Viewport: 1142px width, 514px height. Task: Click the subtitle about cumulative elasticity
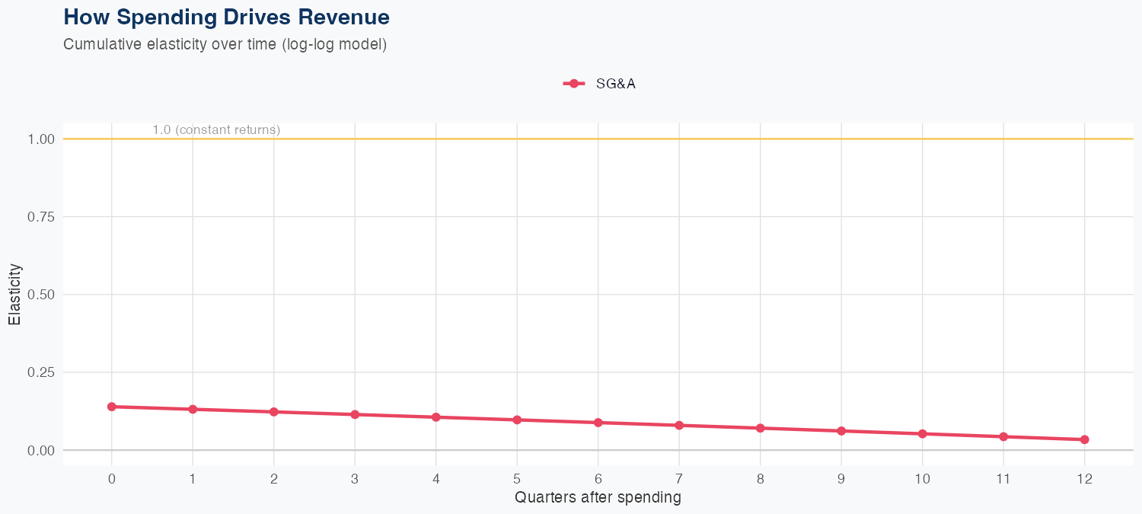[225, 44]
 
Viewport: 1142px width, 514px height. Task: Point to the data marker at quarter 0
[112, 407]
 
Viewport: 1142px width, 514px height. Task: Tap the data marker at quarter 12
[1084, 439]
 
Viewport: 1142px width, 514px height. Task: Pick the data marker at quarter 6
[598, 423]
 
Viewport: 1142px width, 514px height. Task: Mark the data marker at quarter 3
[355, 414]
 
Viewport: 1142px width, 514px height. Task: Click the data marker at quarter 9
[841, 431]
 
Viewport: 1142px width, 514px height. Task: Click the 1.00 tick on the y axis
[42, 139]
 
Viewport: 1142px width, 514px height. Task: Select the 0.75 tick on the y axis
[42, 217]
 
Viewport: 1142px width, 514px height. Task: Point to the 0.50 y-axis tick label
[42, 295]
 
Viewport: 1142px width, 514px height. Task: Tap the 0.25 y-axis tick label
[42, 372]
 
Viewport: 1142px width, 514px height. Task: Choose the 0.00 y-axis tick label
[42, 450]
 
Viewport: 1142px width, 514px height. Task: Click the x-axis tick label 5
[517, 479]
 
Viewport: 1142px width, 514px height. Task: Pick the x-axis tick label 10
[922, 479]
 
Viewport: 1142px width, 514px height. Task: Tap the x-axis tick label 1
[193, 479]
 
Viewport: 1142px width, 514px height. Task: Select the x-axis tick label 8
[760, 479]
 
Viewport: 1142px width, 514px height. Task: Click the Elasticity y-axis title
[14, 295]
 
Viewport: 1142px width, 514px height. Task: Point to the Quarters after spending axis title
[598, 498]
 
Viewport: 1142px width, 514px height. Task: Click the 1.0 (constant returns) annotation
[216, 130]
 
